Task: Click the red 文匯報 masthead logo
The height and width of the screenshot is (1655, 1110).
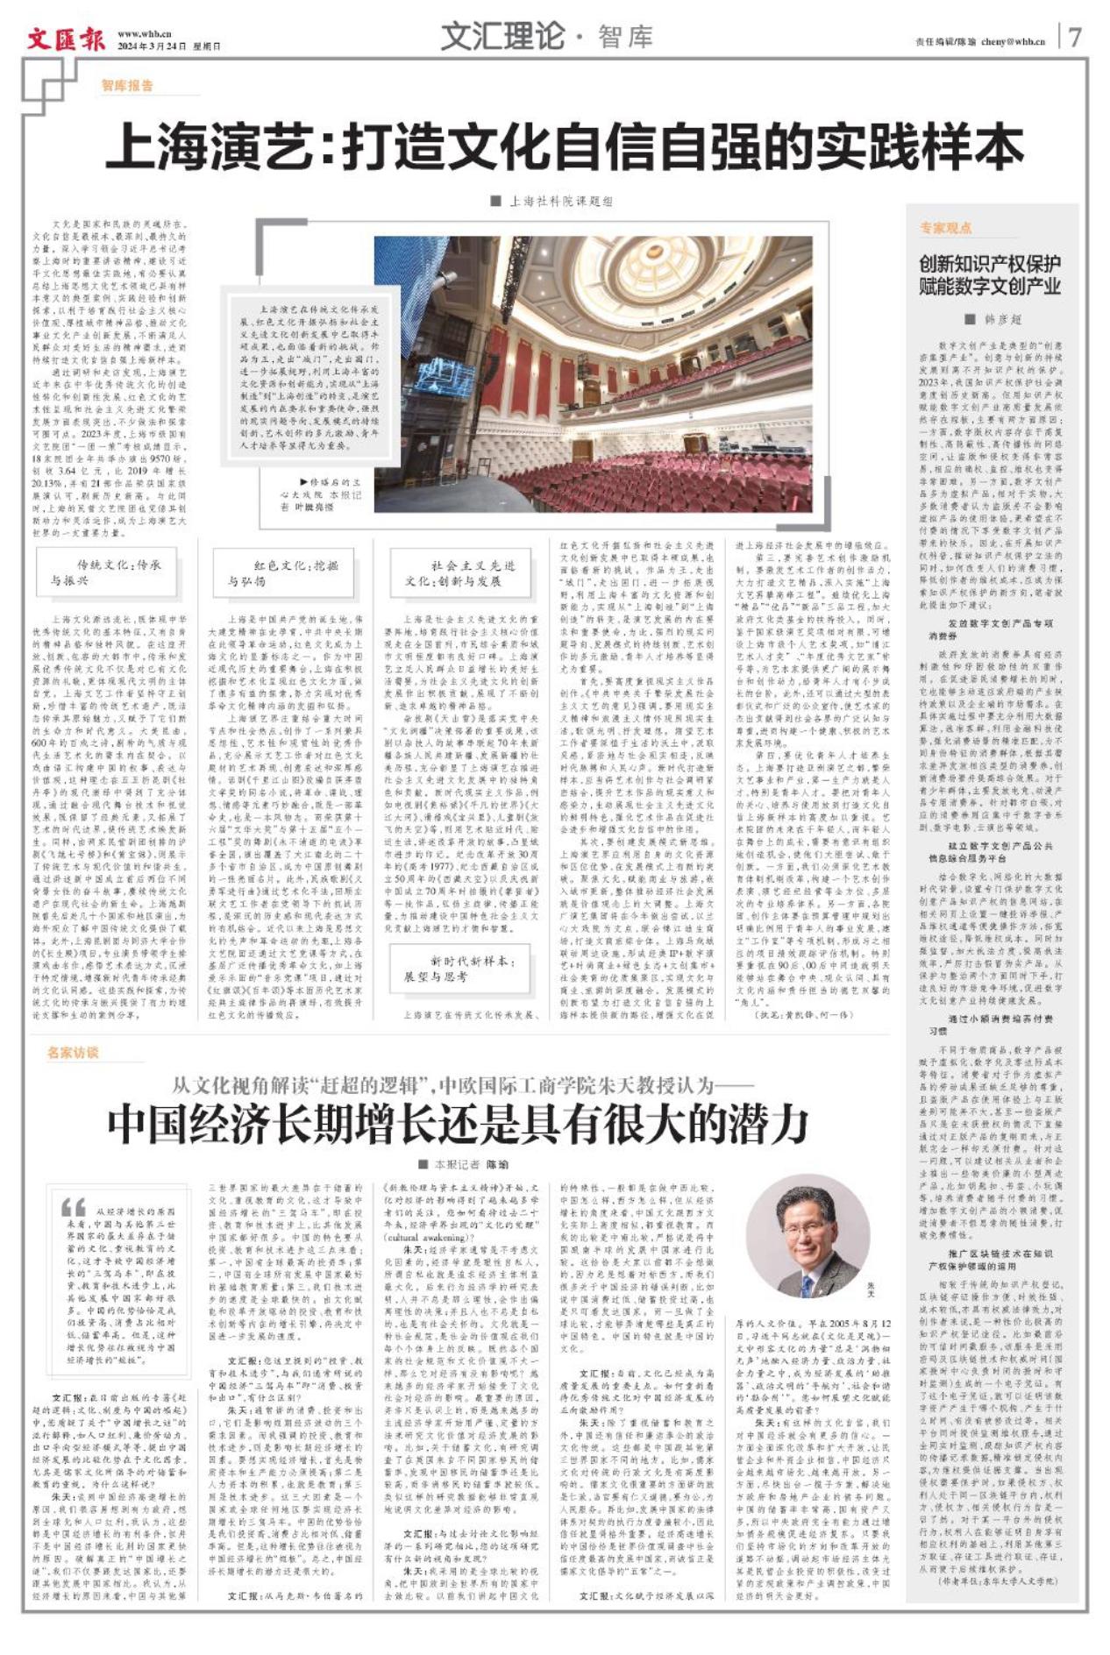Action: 65,39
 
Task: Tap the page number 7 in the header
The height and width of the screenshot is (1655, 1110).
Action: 1075,38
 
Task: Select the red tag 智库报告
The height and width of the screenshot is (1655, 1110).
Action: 126,86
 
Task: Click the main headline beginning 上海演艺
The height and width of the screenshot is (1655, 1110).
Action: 565,146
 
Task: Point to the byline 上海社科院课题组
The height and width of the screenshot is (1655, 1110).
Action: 560,202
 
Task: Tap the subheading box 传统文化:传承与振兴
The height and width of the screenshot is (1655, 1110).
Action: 106,572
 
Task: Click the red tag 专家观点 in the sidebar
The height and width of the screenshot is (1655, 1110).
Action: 945,228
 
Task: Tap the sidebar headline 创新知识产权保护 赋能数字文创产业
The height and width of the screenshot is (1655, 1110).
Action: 990,275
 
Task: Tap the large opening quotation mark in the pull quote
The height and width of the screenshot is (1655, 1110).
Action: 73,1206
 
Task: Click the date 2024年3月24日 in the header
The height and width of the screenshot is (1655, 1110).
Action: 152,46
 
